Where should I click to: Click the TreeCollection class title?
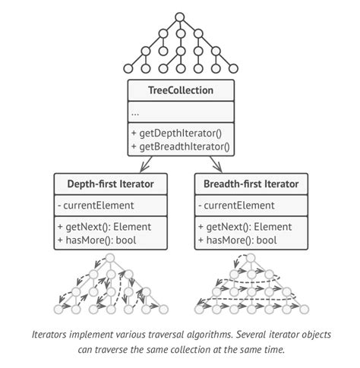click(x=180, y=90)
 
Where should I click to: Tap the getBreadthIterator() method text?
click(x=185, y=146)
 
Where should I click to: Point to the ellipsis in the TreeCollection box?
click(x=135, y=112)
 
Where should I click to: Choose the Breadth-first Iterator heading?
click(x=251, y=184)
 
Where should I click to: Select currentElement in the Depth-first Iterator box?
click(x=99, y=205)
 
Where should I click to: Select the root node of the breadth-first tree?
click(x=251, y=259)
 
